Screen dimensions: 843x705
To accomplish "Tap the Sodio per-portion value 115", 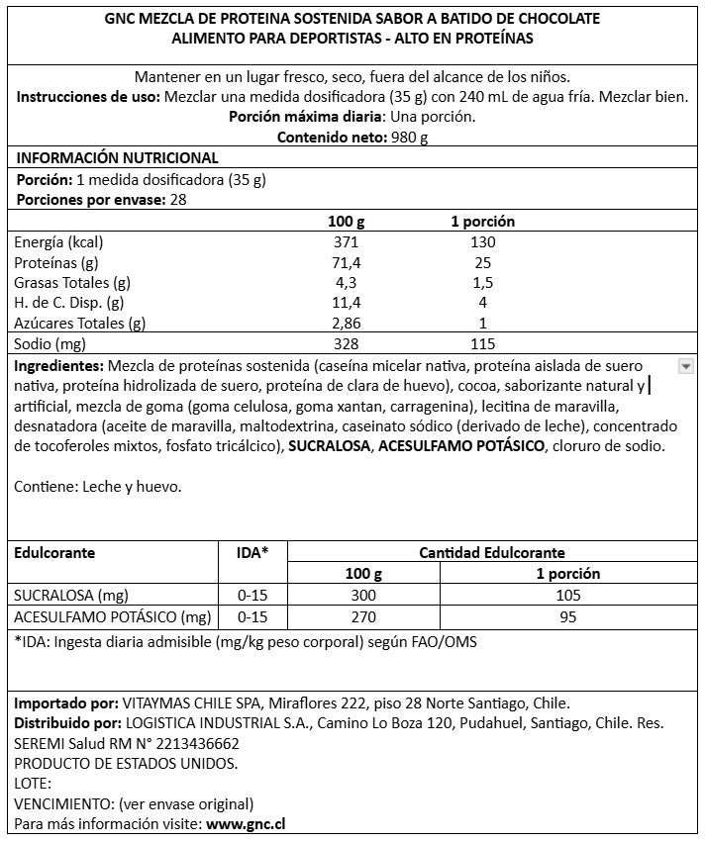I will (481, 343).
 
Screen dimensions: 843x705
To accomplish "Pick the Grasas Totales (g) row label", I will (72, 282).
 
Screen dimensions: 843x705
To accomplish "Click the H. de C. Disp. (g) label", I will (68, 303).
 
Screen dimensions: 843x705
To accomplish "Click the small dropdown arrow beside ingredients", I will (685, 366).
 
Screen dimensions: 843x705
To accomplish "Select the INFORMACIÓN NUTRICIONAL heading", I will (117, 158).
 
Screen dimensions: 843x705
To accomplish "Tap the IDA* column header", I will (252, 553).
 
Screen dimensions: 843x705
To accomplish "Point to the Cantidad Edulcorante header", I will (492, 553).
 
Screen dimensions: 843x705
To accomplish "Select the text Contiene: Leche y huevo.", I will (98, 487).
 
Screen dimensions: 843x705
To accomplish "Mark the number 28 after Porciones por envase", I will (178, 199).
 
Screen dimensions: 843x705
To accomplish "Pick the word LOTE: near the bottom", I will (33, 783).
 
